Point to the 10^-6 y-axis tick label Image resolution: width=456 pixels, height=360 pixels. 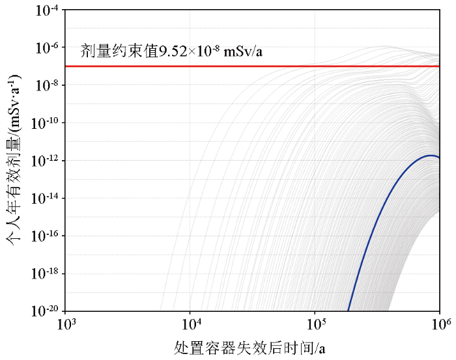point(48,48)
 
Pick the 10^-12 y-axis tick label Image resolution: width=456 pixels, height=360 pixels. point(46,161)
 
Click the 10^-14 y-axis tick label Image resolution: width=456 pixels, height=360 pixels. point(46,199)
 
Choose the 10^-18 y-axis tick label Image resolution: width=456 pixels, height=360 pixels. point(46,273)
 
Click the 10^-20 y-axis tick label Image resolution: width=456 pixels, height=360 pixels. point(46,311)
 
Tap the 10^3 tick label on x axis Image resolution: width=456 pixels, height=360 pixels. point(66,324)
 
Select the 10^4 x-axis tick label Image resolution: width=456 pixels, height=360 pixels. point(191,324)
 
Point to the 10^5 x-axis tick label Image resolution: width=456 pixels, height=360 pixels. point(316,324)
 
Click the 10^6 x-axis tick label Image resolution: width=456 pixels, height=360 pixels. point(440,324)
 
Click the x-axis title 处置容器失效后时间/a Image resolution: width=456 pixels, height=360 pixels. point(249,348)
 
